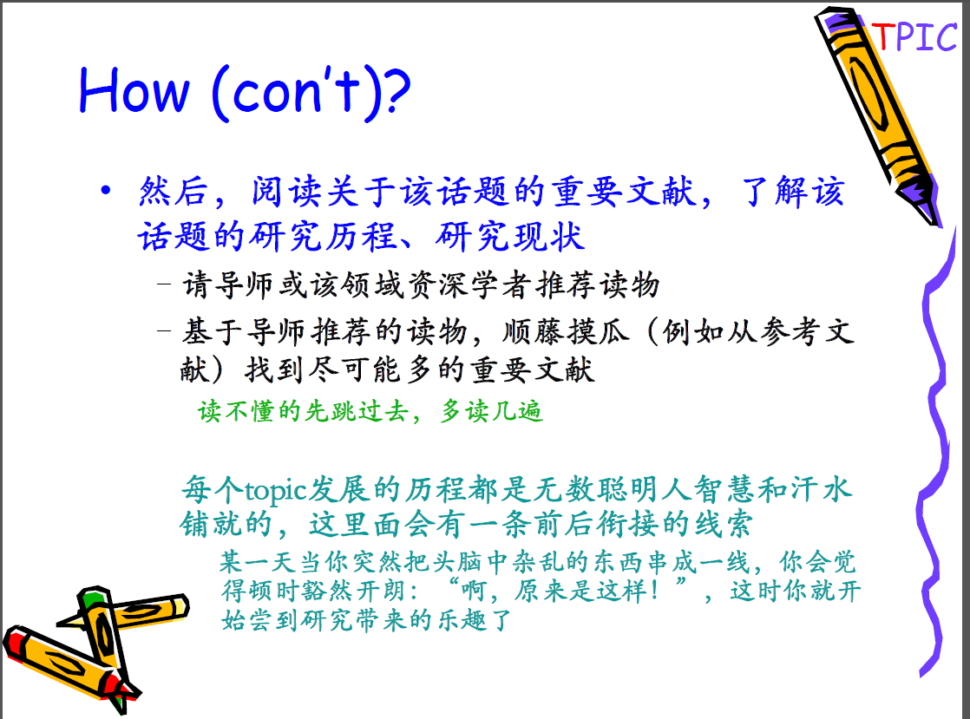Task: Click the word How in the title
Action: tap(133, 91)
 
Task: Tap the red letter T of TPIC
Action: tap(882, 37)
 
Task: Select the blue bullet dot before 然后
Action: tap(106, 191)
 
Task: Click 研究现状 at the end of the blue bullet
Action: tap(510, 236)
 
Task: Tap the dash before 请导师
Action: tap(164, 284)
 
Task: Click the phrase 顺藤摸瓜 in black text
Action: tap(566, 331)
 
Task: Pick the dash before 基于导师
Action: tap(164, 330)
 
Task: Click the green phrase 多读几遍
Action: tap(492, 411)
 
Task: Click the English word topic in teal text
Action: tap(276, 491)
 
